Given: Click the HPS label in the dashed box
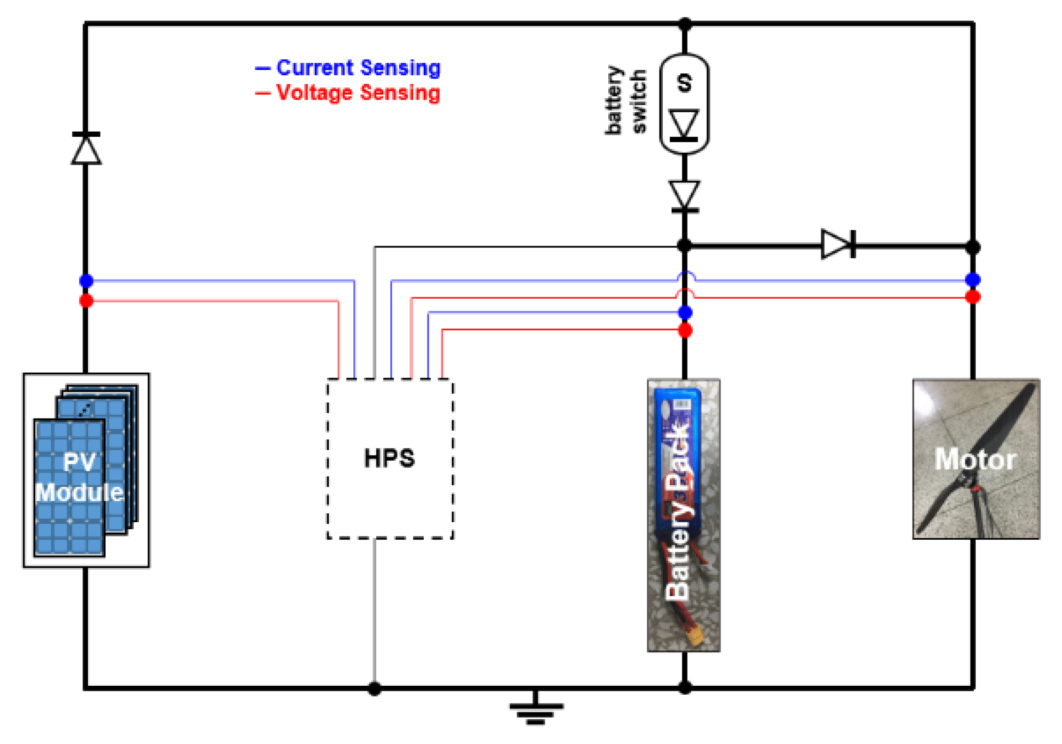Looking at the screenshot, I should coord(389,458).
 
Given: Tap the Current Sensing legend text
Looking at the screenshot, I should coord(358,68).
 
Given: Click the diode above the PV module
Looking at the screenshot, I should coord(86,149).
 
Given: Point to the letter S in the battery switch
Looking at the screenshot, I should coord(685,83).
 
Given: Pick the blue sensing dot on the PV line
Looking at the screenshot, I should coord(86,281).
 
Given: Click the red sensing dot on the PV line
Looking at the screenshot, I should coord(86,301).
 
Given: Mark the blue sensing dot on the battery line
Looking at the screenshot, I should coord(685,312).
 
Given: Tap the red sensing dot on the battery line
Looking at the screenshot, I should coord(685,331).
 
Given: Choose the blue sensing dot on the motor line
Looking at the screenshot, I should coord(973,280).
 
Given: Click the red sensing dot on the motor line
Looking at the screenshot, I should coord(973,297).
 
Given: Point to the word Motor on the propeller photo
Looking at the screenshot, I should coord(976,459).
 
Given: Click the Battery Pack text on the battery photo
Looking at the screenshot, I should coord(678,512).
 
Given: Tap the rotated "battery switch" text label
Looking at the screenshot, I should coord(626,101).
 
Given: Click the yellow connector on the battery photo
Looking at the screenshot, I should coord(696,636).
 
